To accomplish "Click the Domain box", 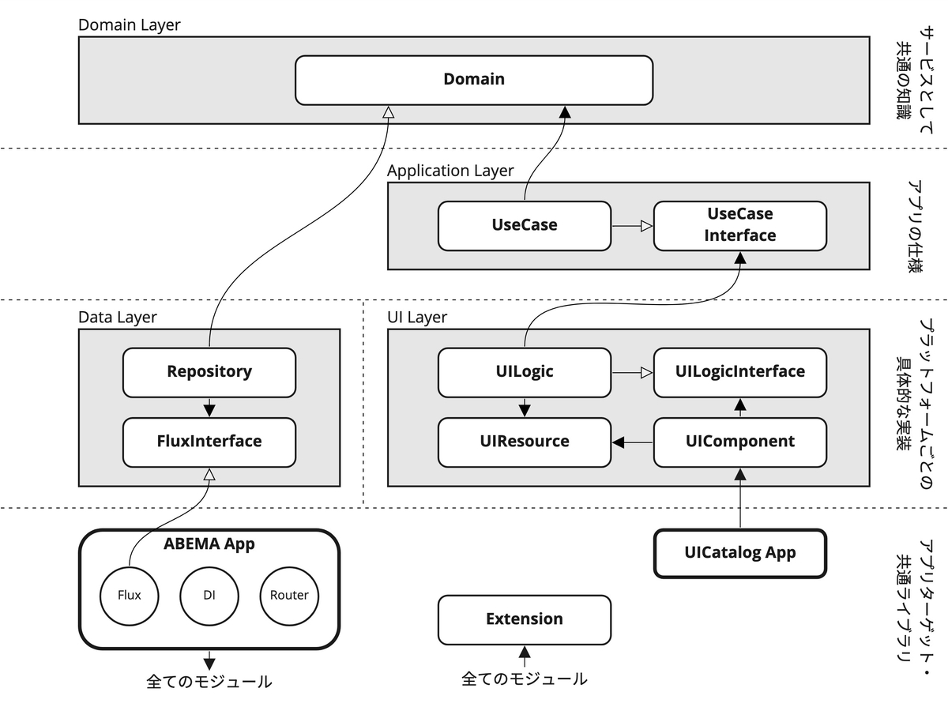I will pyautogui.click(x=474, y=79).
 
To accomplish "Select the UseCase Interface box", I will pyautogui.click(x=739, y=225).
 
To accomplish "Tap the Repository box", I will pyautogui.click(x=209, y=372).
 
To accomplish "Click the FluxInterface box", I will pyautogui.click(x=209, y=442).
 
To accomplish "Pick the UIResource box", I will pyautogui.click(x=524, y=442).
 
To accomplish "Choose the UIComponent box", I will pyautogui.click(x=739, y=442).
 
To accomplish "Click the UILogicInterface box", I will pyautogui.click(x=739, y=372).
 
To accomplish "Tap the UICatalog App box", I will pyautogui.click(x=739, y=553).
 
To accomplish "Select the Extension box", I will pyautogui.click(x=524, y=619).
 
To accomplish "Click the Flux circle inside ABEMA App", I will pyautogui.click(x=129, y=595).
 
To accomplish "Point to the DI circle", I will pyautogui.click(x=209, y=595).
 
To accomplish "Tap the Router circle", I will pyautogui.click(x=289, y=595).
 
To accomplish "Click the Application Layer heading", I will pyautogui.click(x=450, y=171).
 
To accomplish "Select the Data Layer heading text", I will pyautogui.click(x=117, y=318).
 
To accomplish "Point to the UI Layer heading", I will pyautogui.click(x=416, y=318).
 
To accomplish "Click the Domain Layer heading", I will pyautogui.click(x=129, y=24).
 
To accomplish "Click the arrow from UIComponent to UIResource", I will pyautogui.click(x=632, y=442).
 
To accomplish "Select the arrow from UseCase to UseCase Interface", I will pyautogui.click(x=632, y=226).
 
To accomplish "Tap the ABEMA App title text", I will pyautogui.click(x=209, y=544).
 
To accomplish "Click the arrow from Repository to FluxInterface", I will pyautogui.click(x=209, y=407).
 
